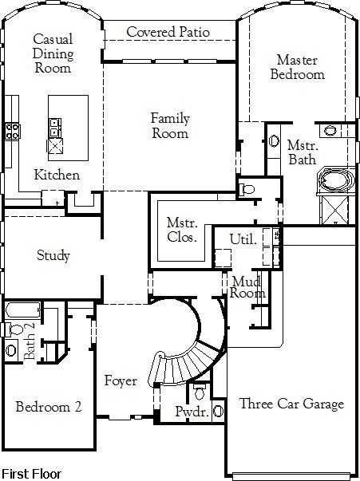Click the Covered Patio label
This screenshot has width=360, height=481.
pyautogui.click(x=168, y=32)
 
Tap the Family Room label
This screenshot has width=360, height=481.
pyautogui.click(x=170, y=126)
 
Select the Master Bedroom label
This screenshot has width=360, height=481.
pyautogui.click(x=297, y=67)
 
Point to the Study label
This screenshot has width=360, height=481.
pyautogui.click(x=53, y=255)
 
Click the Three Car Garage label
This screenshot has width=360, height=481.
pyautogui.click(x=291, y=404)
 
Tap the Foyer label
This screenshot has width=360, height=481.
pyautogui.click(x=121, y=381)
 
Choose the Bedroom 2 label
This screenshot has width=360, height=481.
pyautogui.click(x=49, y=407)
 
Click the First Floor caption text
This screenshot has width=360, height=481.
pyautogui.click(x=31, y=474)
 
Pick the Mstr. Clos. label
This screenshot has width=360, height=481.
pyautogui.click(x=182, y=230)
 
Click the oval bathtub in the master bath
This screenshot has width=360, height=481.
pyautogui.click(x=336, y=179)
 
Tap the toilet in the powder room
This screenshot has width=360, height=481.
pyautogui.click(x=200, y=392)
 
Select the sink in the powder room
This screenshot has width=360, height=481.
pyautogui.click(x=218, y=411)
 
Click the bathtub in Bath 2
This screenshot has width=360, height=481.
pyautogui.click(x=23, y=310)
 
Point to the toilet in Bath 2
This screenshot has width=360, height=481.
pyautogui.click(x=14, y=329)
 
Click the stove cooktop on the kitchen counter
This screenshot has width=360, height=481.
pyautogui.click(x=13, y=131)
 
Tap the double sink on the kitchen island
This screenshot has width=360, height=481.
pyautogui.click(x=55, y=128)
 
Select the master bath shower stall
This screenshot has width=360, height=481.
pyautogui.click(x=334, y=210)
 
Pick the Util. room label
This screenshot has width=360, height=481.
pyautogui.click(x=243, y=239)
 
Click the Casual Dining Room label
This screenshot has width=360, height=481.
pyautogui.click(x=53, y=53)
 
